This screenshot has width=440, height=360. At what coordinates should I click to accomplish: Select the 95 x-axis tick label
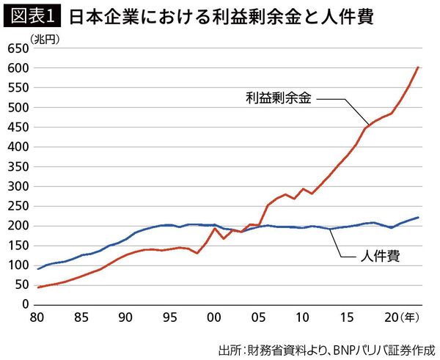169,318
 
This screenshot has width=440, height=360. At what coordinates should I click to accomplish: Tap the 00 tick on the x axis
213,318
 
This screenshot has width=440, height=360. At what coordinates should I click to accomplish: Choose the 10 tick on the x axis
301,318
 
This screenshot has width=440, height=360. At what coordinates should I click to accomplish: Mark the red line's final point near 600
418,67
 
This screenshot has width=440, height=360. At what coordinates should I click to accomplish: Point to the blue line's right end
418,218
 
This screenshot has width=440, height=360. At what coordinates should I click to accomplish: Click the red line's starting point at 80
38,287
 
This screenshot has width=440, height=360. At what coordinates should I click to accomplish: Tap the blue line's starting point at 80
38,268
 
